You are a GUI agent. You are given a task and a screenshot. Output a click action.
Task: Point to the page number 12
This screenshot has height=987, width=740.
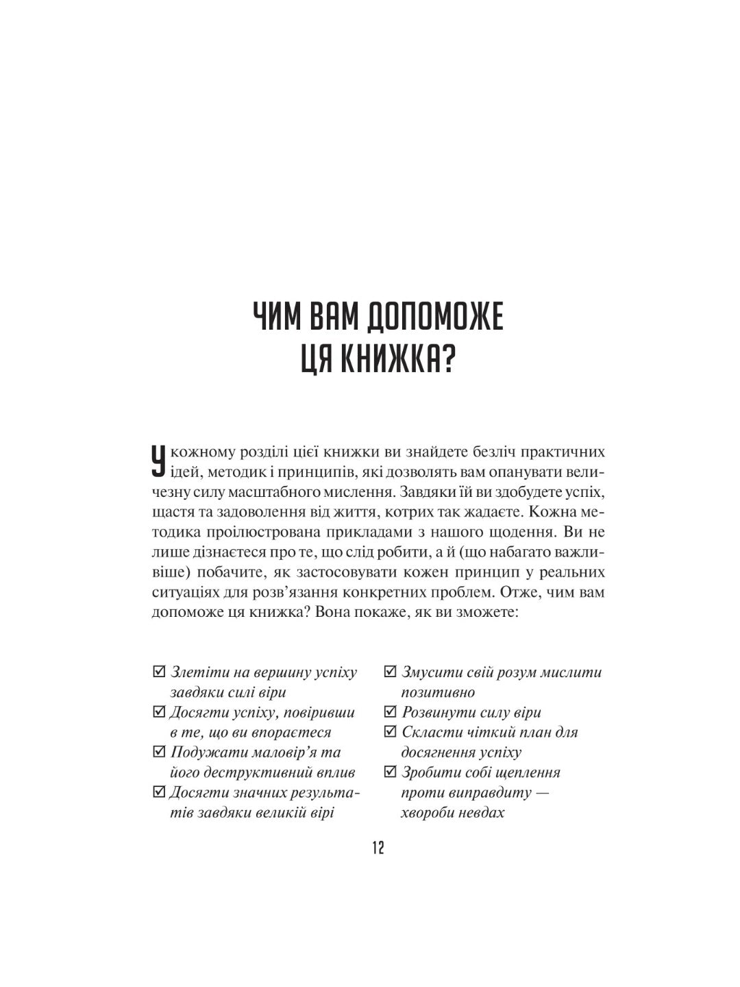point(378,848)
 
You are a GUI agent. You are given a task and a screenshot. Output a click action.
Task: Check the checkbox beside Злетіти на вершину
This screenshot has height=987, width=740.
point(159,672)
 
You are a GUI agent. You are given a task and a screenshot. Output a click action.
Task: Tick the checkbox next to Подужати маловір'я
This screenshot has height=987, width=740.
point(159,752)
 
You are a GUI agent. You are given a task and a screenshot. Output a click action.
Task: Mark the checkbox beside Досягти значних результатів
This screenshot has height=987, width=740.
point(159,792)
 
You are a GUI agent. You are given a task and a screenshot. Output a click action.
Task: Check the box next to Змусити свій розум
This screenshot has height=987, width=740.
point(391,672)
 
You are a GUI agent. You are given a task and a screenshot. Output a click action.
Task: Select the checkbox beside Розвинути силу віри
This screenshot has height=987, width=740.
point(391,712)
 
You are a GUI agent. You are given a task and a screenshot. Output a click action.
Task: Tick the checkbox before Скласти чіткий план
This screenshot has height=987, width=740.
point(391,732)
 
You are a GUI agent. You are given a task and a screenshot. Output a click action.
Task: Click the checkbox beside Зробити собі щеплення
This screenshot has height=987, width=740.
point(391,772)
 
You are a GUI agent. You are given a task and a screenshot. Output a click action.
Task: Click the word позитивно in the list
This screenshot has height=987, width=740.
point(438,692)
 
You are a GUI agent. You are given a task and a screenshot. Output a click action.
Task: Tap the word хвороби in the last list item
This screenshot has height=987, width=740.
point(428,813)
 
